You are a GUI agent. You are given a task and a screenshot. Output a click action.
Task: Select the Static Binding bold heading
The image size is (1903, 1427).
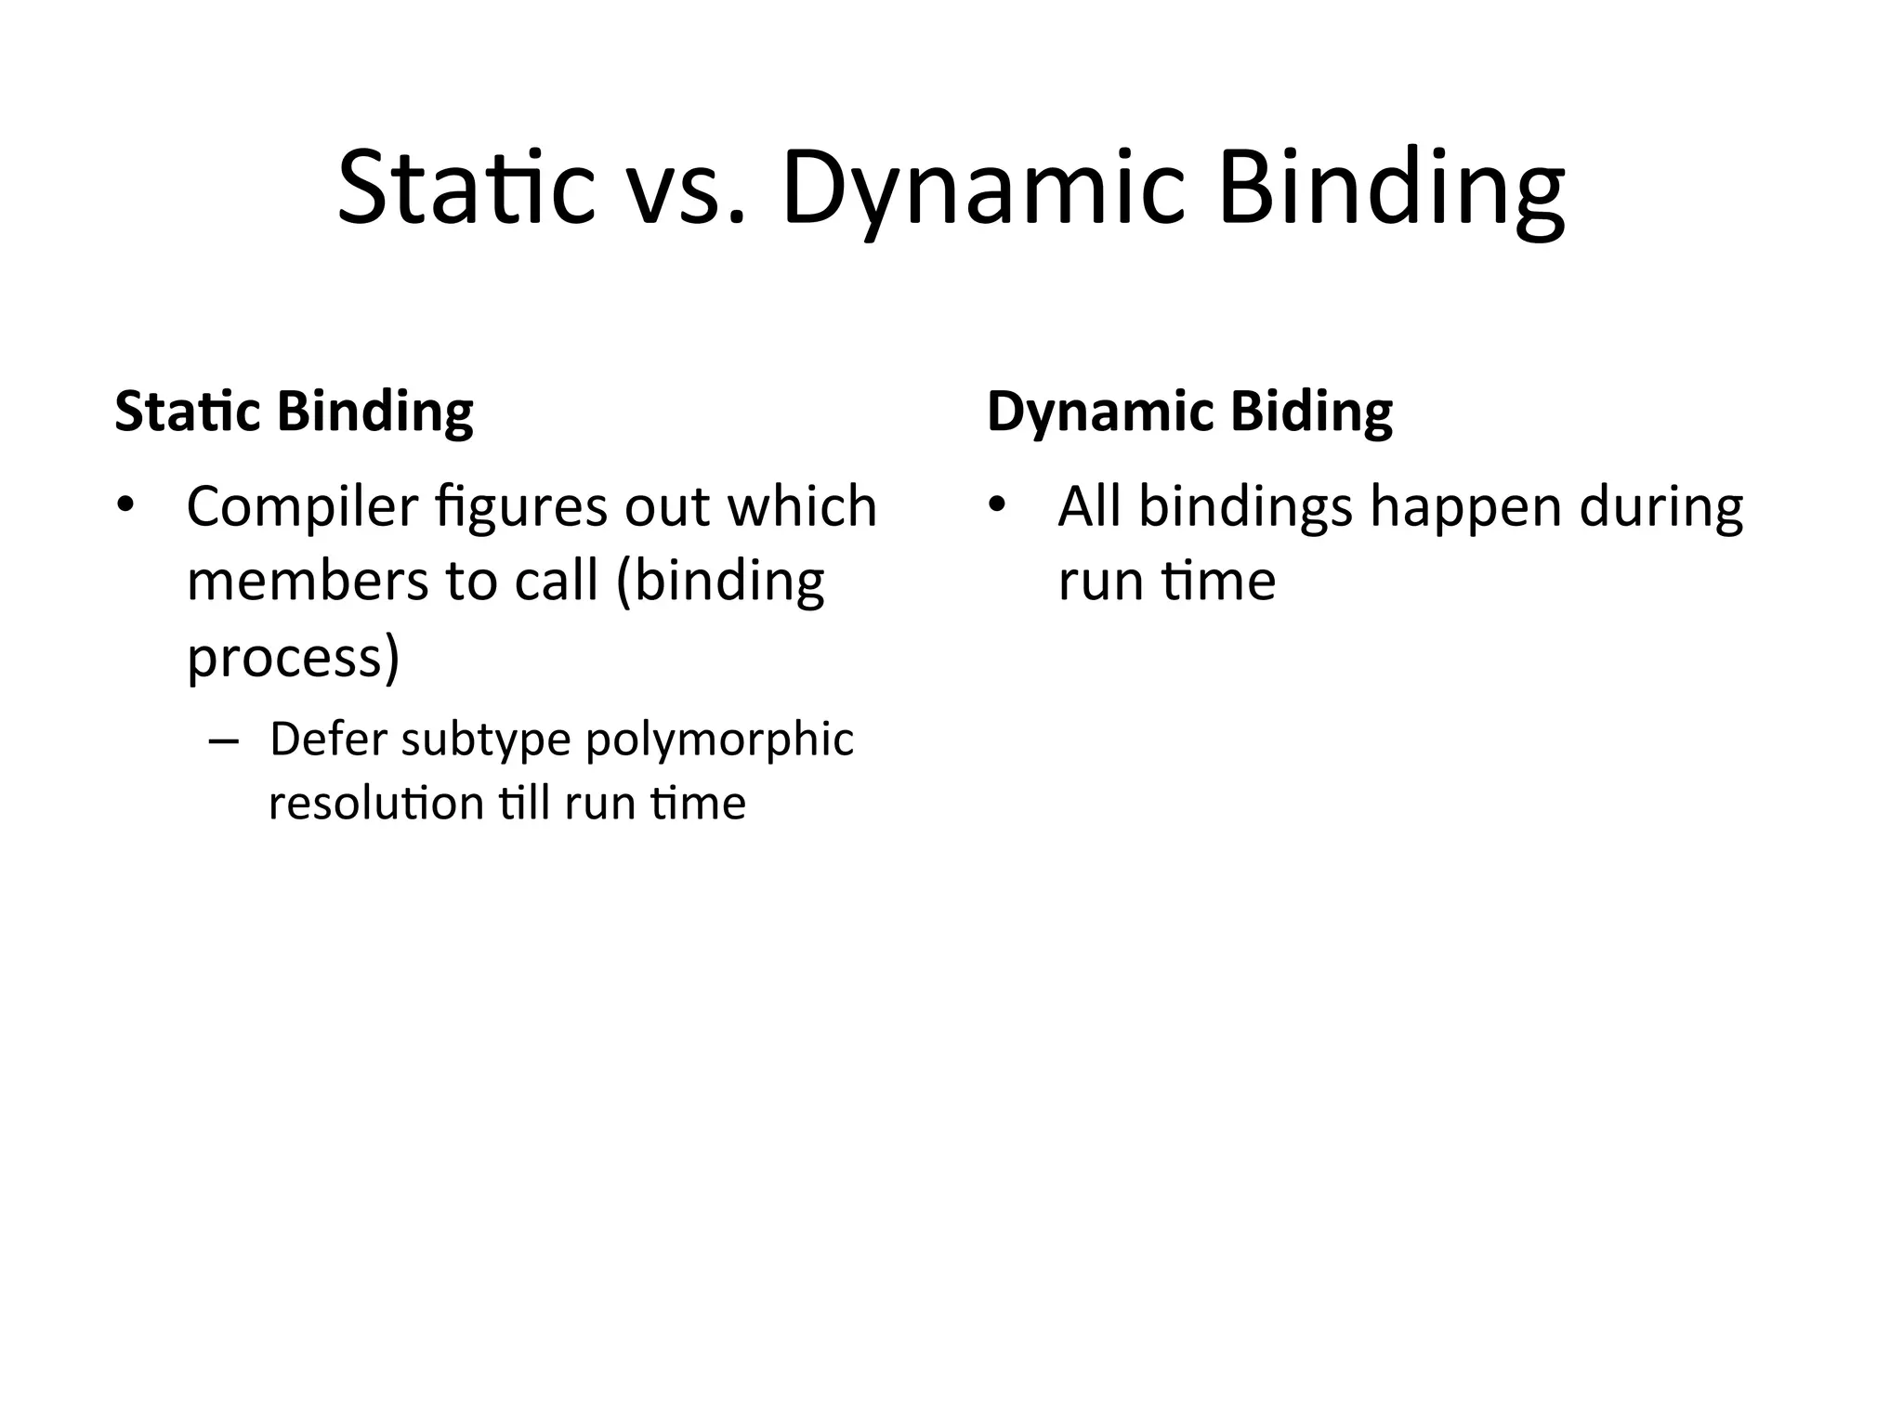point(294,412)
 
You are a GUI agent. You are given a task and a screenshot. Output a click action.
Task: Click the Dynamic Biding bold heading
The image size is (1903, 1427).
point(1189,412)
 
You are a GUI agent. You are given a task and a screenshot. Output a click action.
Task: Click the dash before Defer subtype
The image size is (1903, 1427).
point(224,742)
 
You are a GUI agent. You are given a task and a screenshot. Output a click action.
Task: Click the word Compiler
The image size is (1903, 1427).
point(302,508)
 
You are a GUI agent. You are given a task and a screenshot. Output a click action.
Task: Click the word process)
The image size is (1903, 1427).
point(293,660)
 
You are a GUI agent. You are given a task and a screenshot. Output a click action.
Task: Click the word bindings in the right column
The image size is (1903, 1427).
point(1245,508)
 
